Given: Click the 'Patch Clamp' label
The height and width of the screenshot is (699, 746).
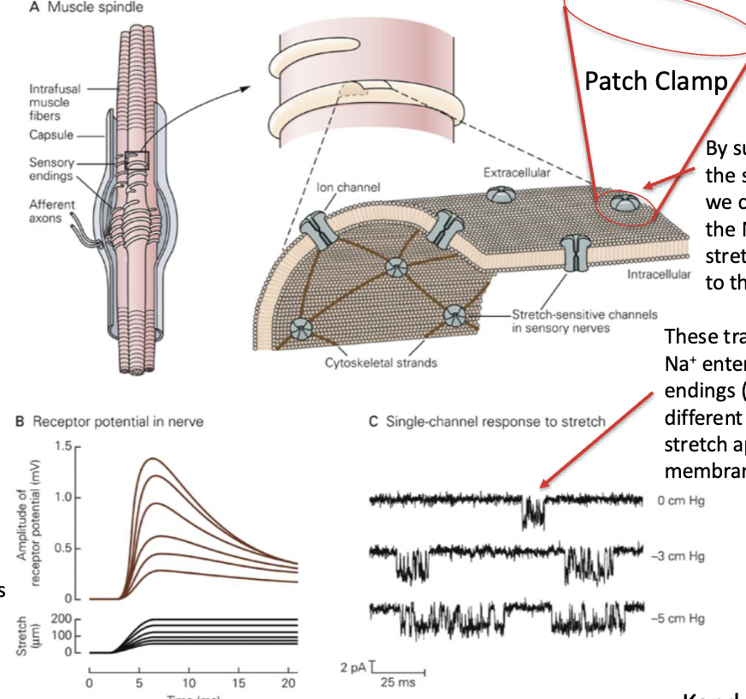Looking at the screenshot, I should point(655,81).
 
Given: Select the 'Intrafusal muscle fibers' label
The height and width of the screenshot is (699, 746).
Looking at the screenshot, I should point(50,102).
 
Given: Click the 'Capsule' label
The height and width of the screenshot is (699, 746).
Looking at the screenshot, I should point(50,134).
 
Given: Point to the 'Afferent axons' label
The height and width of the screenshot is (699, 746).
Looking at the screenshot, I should point(52,211).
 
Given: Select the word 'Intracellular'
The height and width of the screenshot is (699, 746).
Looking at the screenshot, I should point(658,275).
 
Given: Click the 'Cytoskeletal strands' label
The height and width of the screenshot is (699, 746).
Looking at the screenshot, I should point(381,362).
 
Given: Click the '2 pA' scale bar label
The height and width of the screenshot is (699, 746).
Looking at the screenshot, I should point(352,666).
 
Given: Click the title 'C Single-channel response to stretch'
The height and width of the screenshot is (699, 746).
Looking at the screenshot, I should point(486,421).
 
